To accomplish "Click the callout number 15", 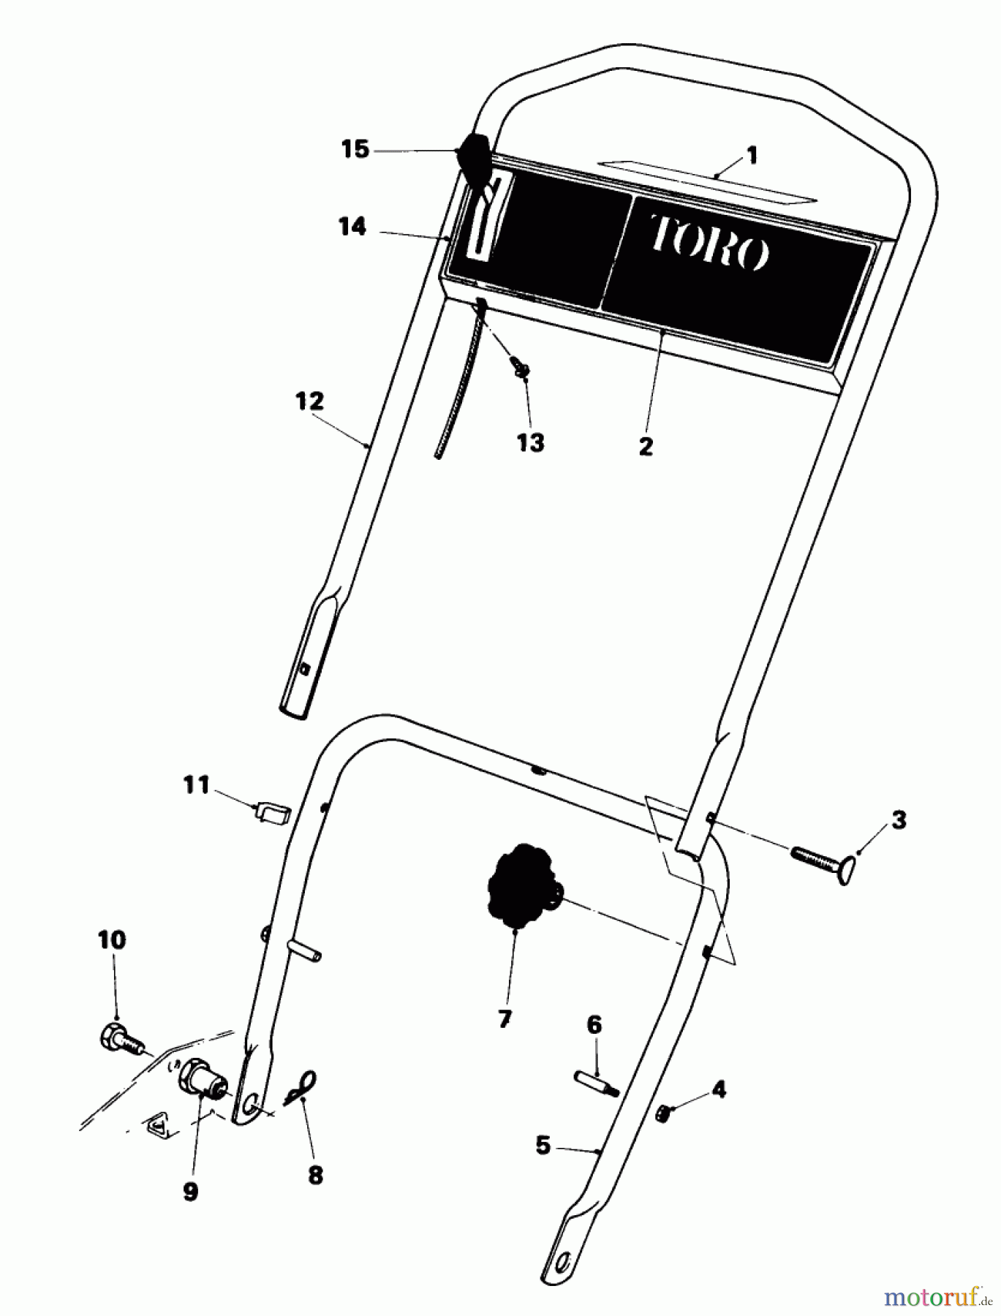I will [x=355, y=151].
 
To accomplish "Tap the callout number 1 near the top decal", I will [x=752, y=156].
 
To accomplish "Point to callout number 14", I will [x=352, y=227].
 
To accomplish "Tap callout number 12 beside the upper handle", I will [x=309, y=401].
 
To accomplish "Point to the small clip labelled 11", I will [x=272, y=812].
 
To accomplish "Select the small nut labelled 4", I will [x=665, y=1114].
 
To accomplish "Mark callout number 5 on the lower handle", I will [x=543, y=1145].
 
